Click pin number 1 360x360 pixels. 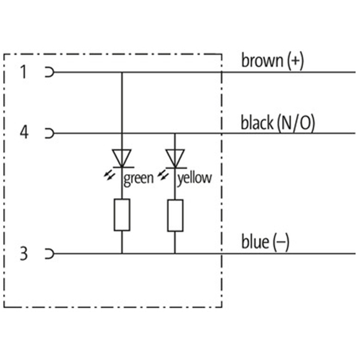23,72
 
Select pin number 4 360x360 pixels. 23,133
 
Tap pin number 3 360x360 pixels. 23,254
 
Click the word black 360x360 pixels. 257,122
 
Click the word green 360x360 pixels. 139,178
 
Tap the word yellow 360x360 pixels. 194,178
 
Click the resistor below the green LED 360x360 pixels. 121,215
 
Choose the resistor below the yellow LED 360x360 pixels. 175,215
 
